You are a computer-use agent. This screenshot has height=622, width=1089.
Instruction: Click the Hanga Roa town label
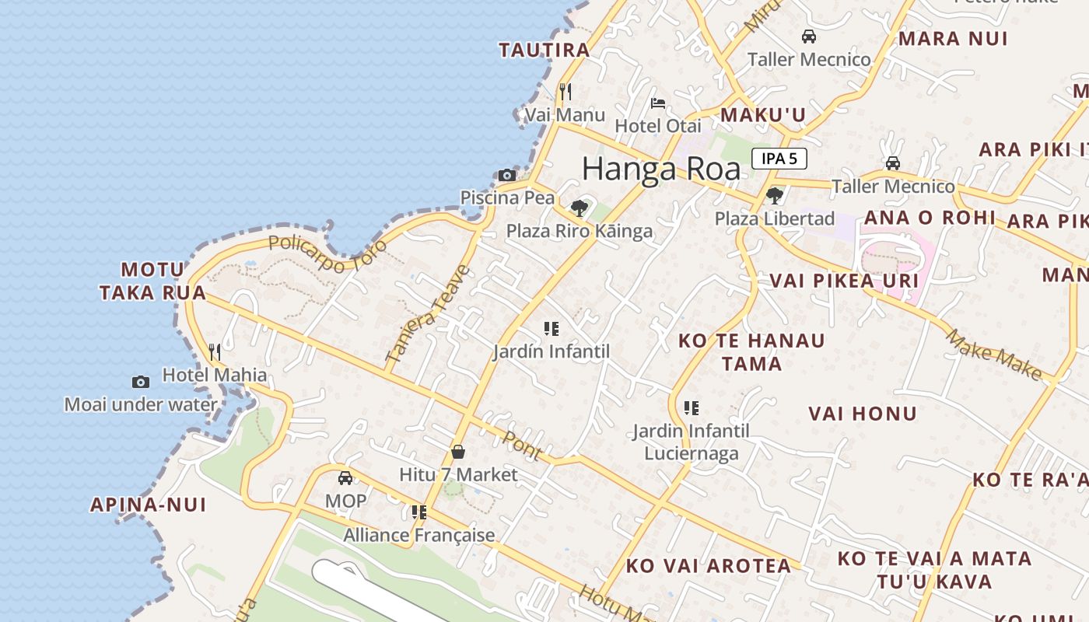pyautogui.click(x=661, y=169)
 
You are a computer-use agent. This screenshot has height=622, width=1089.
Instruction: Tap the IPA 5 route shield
pyautogui.click(x=779, y=159)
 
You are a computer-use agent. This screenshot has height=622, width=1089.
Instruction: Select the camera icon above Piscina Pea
pyautogui.click(x=507, y=175)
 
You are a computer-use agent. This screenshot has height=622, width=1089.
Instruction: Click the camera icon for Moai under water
pyautogui.click(x=141, y=382)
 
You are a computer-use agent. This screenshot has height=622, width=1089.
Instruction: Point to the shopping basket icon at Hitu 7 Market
pyautogui.click(x=458, y=452)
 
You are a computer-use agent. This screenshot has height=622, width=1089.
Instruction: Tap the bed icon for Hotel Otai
pyautogui.click(x=657, y=103)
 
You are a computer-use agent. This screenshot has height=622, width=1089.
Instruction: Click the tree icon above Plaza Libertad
pyautogui.click(x=774, y=195)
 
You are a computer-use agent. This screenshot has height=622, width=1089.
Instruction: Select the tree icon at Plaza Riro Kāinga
pyautogui.click(x=579, y=208)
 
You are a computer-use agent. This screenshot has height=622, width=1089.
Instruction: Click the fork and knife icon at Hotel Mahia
pyautogui.click(x=215, y=352)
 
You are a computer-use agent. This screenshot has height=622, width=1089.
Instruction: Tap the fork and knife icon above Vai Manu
pyautogui.click(x=566, y=92)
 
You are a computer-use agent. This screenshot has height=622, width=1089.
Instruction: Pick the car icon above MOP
pyautogui.click(x=345, y=478)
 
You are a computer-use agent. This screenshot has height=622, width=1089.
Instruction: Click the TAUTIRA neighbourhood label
pyautogui.click(x=544, y=51)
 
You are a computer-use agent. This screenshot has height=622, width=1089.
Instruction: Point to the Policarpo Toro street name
pyautogui.click(x=327, y=253)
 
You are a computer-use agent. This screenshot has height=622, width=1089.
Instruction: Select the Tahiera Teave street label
pyautogui.click(x=429, y=315)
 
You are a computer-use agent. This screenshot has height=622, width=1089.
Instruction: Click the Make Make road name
pyautogui.click(x=993, y=355)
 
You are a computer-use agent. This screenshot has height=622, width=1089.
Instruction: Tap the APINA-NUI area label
pyautogui.click(x=149, y=505)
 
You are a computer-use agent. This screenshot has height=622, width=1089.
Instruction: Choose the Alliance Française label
pyautogui.click(x=419, y=535)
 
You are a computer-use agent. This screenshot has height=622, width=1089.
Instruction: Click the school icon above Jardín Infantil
pyautogui.click(x=552, y=329)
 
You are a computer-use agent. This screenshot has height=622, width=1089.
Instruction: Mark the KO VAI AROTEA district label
pyautogui.click(x=709, y=566)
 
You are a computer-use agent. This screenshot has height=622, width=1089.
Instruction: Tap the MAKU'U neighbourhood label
pyautogui.click(x=763, y=115)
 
